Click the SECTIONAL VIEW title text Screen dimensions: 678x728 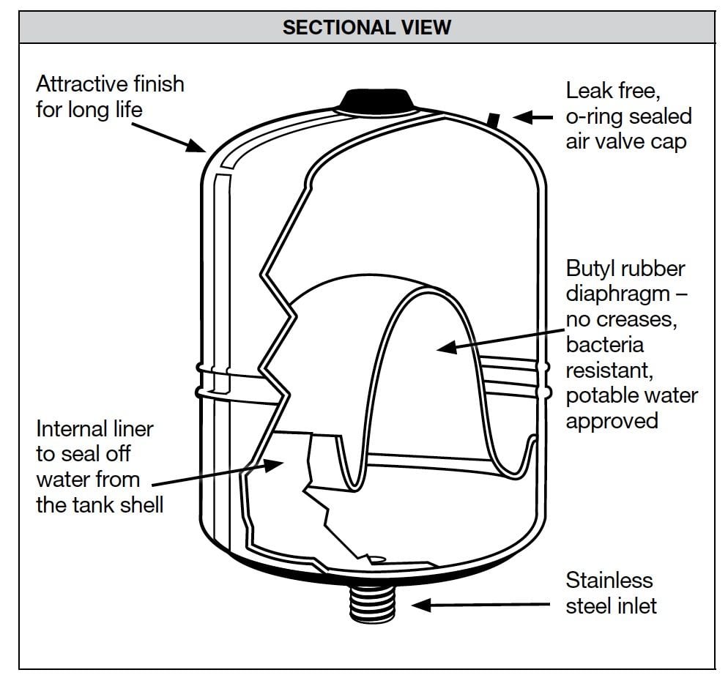tap(366, 28)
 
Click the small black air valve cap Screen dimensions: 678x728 tap(495, 117)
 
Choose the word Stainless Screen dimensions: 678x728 tap(609, 581)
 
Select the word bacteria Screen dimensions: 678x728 tap(604, 345)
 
